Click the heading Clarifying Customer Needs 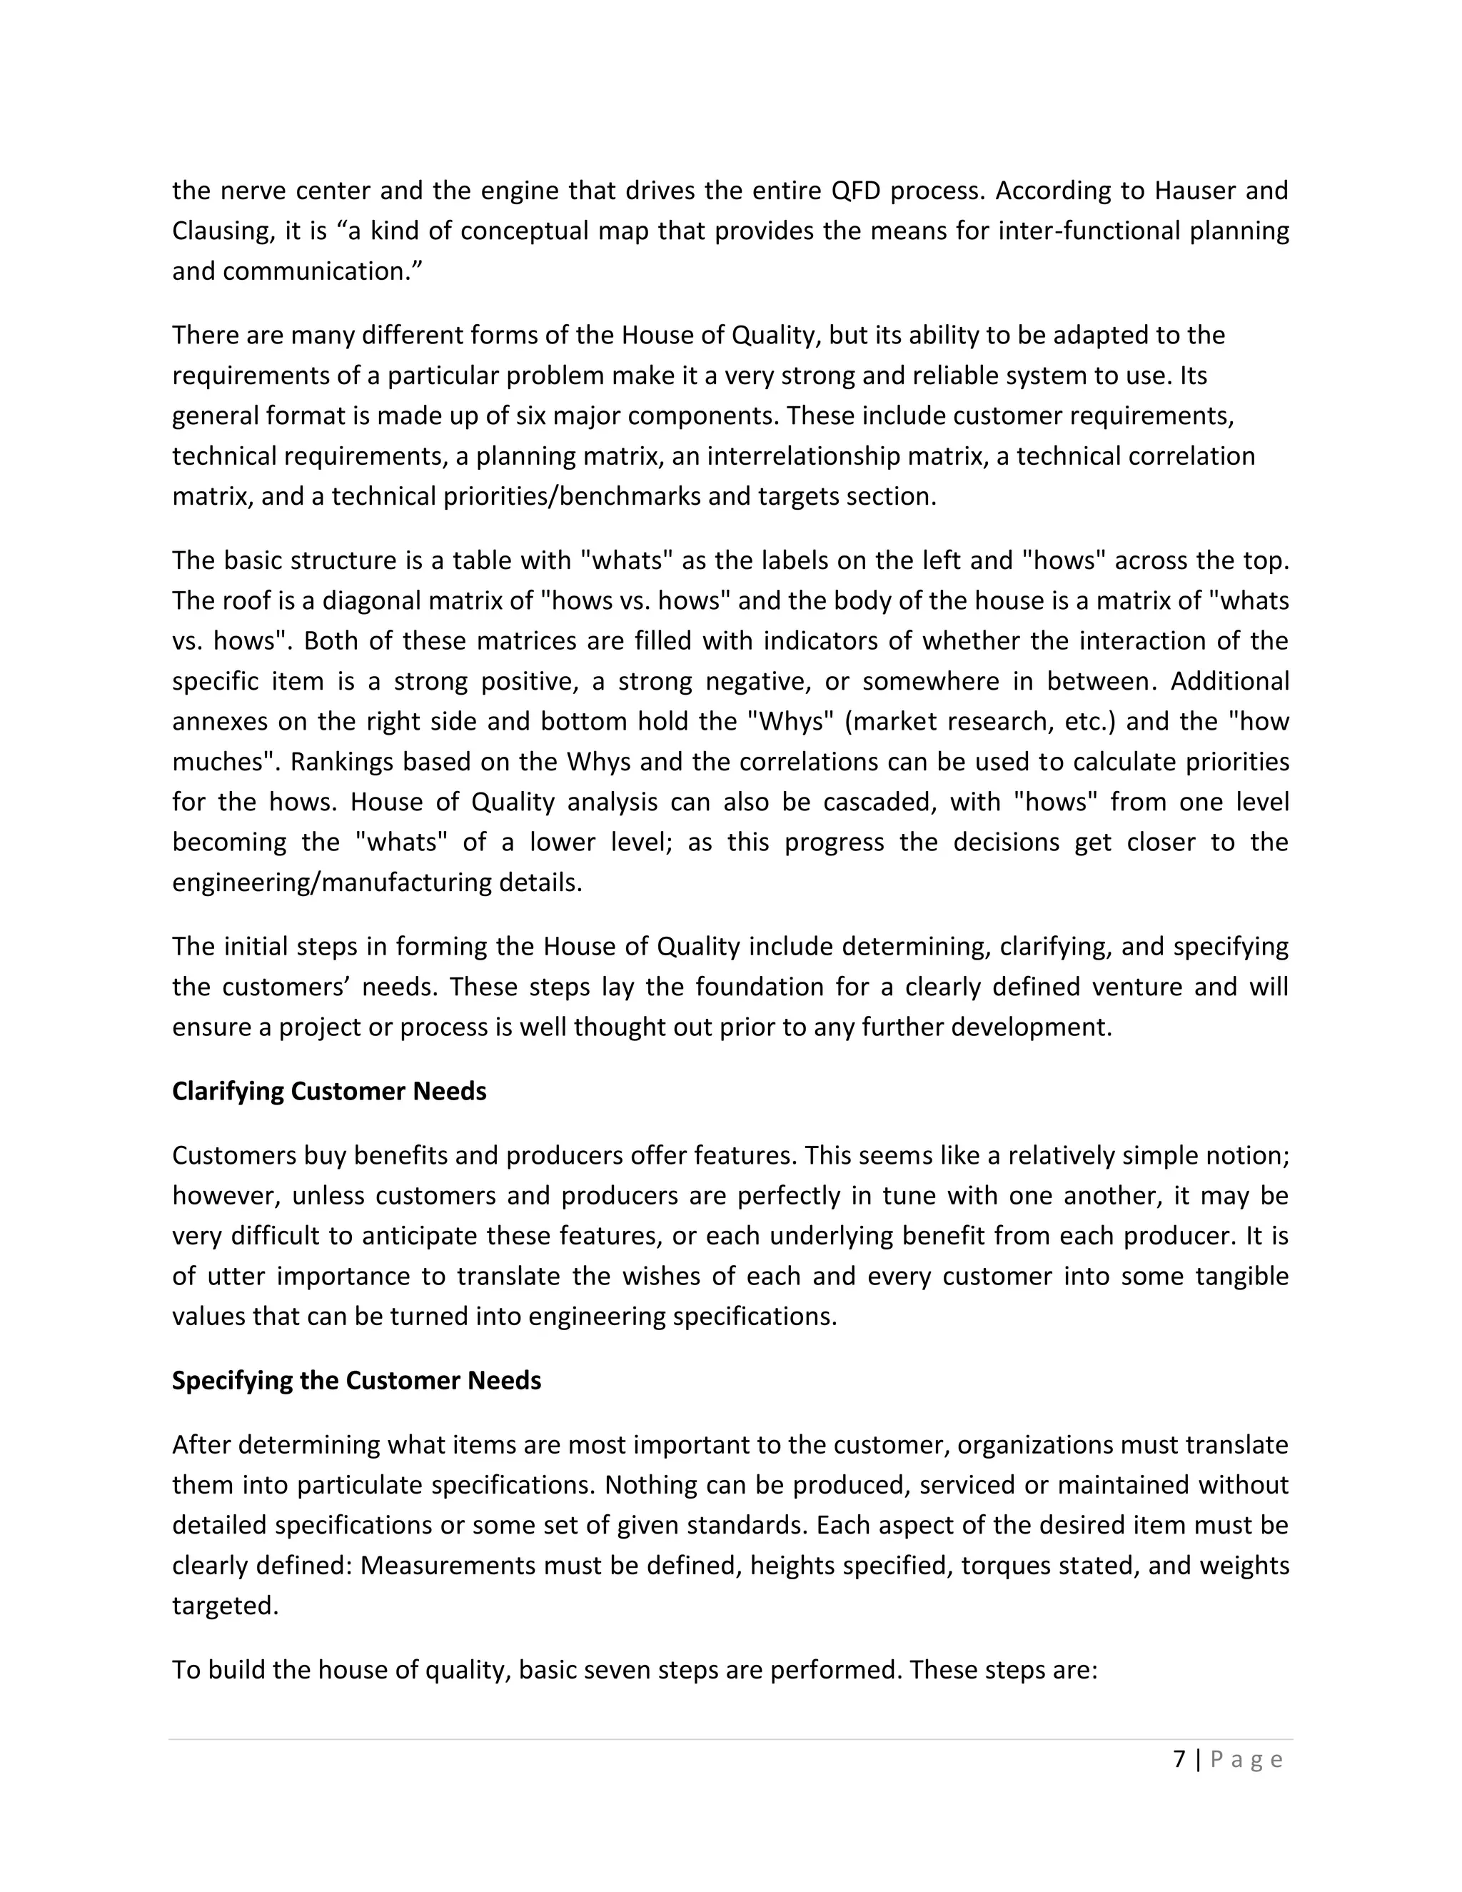pos(329,1091)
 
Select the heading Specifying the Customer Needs pos(356,1380)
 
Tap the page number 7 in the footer pos(1179,1759)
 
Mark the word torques pos(1004,1566)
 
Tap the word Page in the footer pos(1246,1759)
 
